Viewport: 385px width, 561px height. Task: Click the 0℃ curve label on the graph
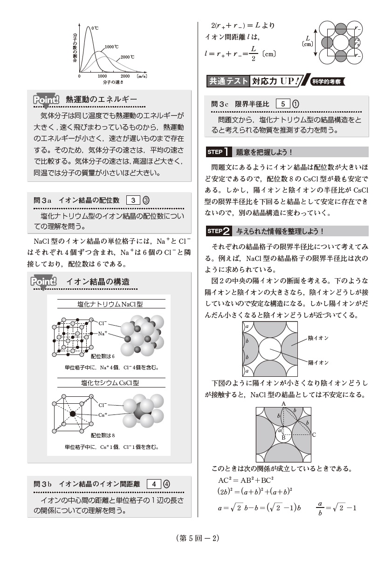(95, 28)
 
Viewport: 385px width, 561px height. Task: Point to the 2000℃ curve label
(127, 57)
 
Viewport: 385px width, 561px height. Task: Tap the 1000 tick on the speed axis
(102, 76)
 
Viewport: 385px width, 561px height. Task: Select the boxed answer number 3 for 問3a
(133, 200)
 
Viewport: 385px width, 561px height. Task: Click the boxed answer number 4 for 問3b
(154, 484)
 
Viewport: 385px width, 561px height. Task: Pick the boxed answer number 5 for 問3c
(283, 104)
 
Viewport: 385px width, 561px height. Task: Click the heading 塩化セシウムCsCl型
(110, 383)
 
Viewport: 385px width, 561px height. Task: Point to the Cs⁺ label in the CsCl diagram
(103, 414)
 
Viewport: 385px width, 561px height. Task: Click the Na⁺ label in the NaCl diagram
(103, 334)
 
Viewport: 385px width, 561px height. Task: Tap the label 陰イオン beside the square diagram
(318, 338)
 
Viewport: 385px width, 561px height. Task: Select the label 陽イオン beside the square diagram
(318, 362)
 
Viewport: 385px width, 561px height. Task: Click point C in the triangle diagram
(314, 435)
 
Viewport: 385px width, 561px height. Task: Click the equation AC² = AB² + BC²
(246, 480)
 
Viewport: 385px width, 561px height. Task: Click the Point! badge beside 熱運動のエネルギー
(46, 100)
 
